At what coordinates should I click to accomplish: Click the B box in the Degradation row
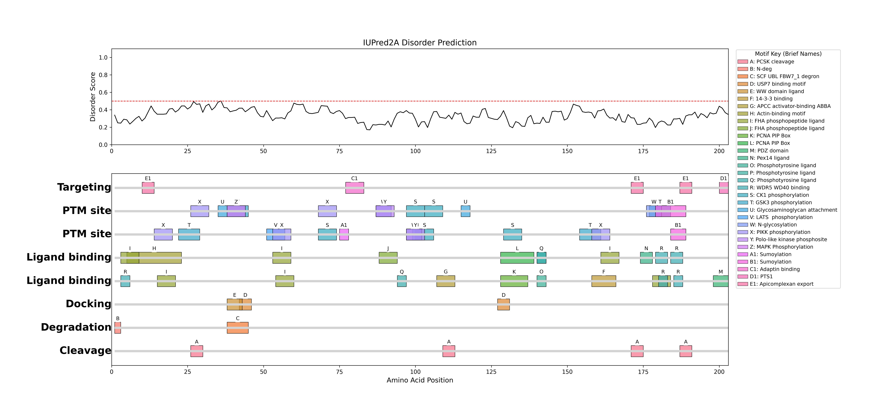(x=118, y=328)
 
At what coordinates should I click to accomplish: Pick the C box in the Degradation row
(x=237, y=328)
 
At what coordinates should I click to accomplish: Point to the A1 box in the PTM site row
(x=344, y=234)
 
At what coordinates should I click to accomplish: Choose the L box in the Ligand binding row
(x=517, y=258)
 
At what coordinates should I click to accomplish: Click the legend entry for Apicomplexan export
(x=781, y=284)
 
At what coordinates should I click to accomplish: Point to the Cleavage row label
(x=85, y=351)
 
